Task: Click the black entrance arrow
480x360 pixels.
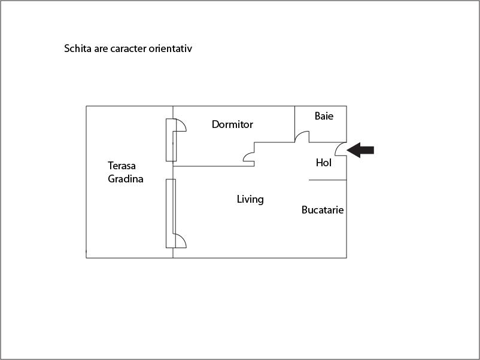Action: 360,150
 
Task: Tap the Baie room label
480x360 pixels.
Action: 324,116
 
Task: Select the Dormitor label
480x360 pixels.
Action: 232,124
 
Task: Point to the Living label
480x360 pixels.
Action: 250,199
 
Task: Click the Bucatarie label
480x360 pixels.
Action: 323,210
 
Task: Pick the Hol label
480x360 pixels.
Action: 323,163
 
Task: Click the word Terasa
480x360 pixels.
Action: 122,166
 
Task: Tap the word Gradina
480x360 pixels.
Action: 126,178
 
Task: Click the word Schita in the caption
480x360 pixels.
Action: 77,48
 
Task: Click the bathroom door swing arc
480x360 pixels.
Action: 301,137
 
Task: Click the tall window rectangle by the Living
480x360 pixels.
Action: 170,213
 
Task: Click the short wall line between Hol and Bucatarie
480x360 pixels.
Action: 327,180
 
